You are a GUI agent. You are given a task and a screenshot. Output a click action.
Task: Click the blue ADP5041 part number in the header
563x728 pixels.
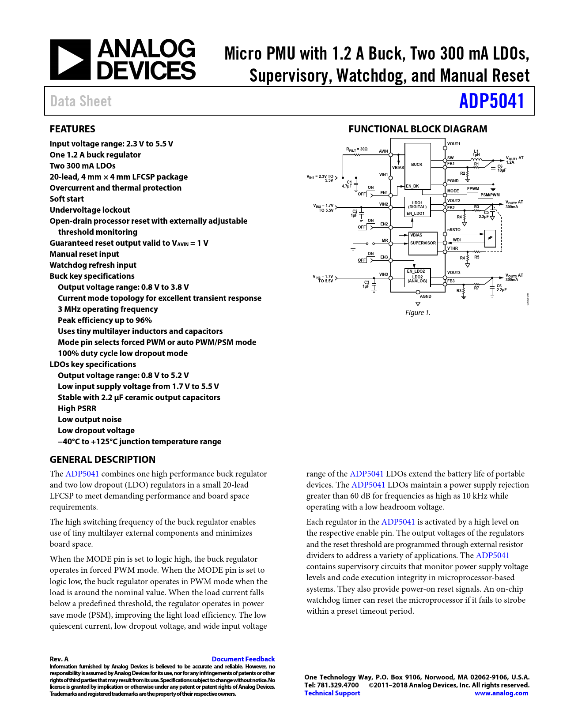point(491,101)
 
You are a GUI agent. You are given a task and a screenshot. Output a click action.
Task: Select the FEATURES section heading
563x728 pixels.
point(72,129)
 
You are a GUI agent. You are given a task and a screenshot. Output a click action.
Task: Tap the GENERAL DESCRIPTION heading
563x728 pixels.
point(102,459)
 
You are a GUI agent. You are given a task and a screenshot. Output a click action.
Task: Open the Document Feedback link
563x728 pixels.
point(243,659)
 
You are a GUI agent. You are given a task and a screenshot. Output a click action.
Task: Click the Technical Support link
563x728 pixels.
point(332,693)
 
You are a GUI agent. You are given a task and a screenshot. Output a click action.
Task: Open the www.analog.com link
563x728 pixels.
point(501,693)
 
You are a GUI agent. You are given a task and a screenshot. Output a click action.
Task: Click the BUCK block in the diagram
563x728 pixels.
point(417,165)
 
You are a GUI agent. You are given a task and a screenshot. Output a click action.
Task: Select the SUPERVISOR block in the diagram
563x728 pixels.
point(423,243)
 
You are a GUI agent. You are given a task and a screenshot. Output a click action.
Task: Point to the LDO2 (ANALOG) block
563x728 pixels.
point(417,278)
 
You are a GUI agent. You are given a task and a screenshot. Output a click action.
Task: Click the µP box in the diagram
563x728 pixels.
point(490,238)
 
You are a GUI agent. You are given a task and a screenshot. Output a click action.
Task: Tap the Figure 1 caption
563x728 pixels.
point(418,312)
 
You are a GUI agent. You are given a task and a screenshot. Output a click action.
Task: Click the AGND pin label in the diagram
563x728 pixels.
point(426,296)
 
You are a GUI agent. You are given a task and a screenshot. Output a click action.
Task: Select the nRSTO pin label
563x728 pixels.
point(454,230)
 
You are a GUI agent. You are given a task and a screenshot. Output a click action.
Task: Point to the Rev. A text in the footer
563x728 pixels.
point(59,659)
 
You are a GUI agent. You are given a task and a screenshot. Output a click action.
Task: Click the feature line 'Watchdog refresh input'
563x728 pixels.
point(93,265)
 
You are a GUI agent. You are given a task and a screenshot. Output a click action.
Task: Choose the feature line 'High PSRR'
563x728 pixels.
point(77,408)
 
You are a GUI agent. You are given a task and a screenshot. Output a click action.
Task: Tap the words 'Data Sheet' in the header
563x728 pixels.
point(81,101)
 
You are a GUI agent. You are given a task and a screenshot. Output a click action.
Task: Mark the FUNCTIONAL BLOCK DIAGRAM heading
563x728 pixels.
point(418,129)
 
